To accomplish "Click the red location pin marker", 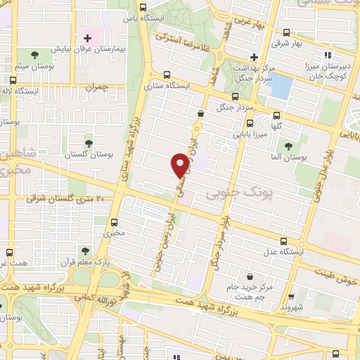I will (x=180, y=165).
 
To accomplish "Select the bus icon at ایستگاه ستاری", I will (x=167, y=75).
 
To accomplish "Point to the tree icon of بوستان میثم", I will (x=35, y=55).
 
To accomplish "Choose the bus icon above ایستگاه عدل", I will (x=283, y=241).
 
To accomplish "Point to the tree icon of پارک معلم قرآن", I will (x=85, y=250).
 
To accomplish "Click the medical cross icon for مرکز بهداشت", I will (x=254, y=57).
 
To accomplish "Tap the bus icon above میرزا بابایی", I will (x=276, y=116).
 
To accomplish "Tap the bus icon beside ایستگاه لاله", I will (x=14, y=80).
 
